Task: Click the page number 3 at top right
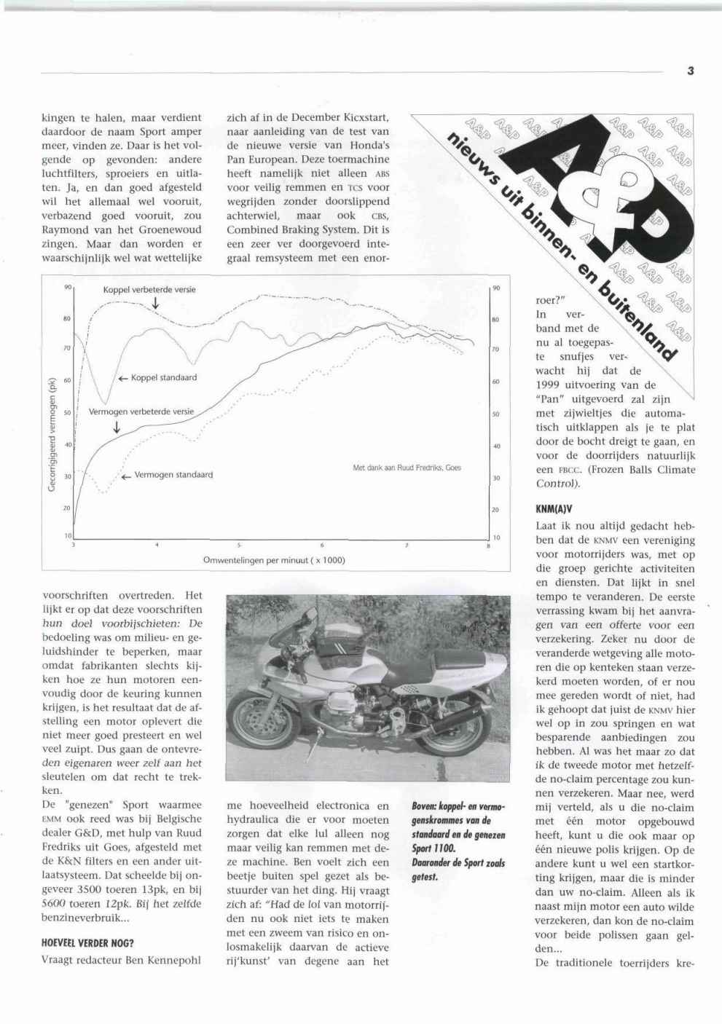pyautogui.click(x=690, y=71)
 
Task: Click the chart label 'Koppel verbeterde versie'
pyautogui.click(x=149, y=289)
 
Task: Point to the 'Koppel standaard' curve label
pyautogui.click(x=163, y=378)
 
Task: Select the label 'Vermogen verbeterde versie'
pyautogui.click(x=141, y=411)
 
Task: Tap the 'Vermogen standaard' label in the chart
pyautogui.click(x=173, y=475)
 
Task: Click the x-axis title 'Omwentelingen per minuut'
pyautogui.click(x=274, y=560)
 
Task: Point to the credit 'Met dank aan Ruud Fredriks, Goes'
pyautogui.click(x=407, y=468)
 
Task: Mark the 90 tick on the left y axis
pyautogui.click(x=67, y=287)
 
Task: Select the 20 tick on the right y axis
pyautogui.click(x=496, y=510)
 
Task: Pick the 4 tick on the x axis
pyautogui.click(x=157, y=545)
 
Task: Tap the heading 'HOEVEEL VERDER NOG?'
pyautogui.click(x=87, y=943)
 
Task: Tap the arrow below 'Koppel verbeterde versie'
pyautogui.click(x=156, y=303)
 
